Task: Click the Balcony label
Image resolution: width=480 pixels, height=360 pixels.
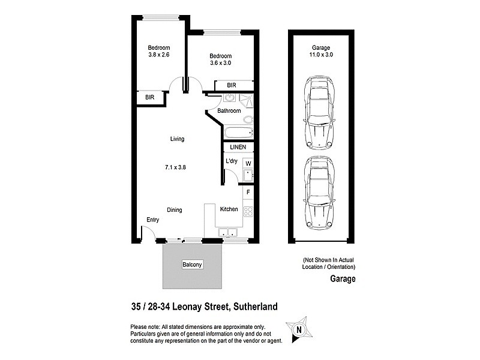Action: coord(193,264)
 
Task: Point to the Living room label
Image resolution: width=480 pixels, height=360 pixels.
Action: coord(177,139)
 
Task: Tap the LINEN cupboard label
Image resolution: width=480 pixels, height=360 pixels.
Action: coord(238,147)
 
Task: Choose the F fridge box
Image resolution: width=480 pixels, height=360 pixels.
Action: coord(247,192)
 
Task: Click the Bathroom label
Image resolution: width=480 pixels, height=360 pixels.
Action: coord(229,111)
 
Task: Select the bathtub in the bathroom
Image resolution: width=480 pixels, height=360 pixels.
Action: coord(238,133)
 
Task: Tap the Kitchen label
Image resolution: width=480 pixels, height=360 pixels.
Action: coord(229,209)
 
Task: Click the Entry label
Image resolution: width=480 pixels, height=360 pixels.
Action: coord(154,220)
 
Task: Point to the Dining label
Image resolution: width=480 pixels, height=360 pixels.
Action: coord(175,210)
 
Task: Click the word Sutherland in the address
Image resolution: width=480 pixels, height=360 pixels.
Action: coord(256,307)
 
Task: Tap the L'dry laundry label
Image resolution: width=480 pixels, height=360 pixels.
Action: coord(232,161)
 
